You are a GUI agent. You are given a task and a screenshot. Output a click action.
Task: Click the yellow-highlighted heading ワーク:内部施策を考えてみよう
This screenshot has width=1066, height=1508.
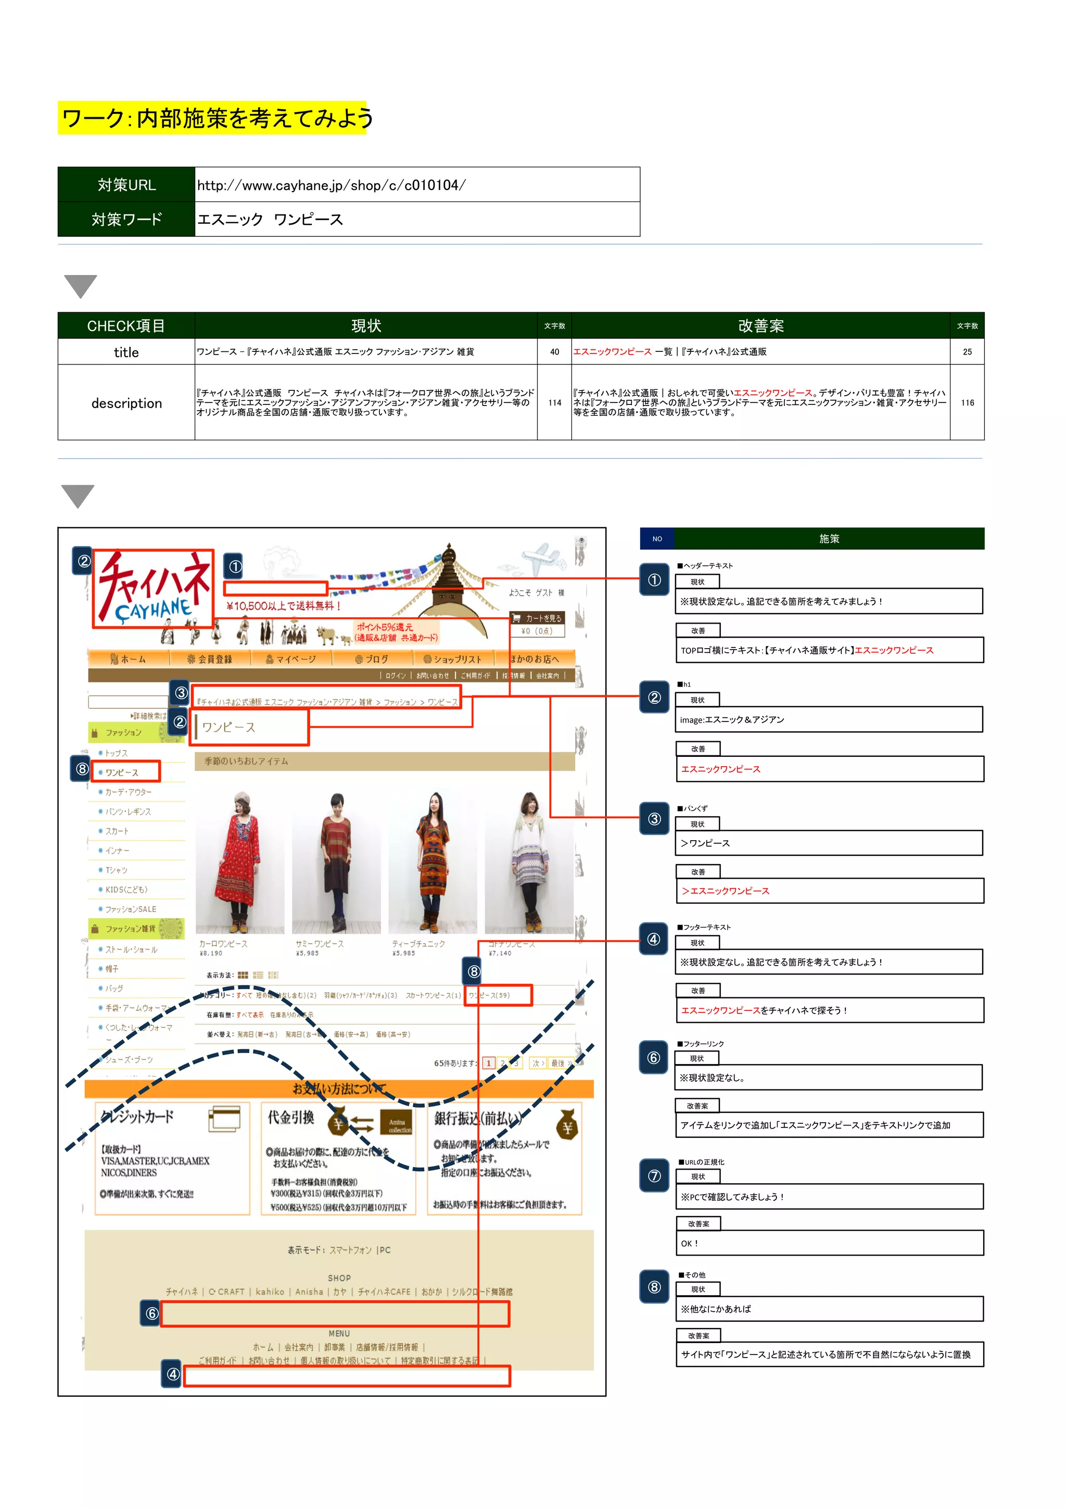216,118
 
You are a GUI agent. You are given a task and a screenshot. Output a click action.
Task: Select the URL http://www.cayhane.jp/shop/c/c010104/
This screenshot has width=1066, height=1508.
331,185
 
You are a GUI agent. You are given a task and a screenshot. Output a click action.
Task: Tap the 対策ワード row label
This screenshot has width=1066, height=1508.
127,219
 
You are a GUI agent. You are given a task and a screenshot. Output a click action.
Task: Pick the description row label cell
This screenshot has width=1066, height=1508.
127,402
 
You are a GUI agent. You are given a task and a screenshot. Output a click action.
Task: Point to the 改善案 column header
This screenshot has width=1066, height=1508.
760,326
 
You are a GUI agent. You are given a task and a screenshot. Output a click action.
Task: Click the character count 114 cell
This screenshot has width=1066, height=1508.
554,402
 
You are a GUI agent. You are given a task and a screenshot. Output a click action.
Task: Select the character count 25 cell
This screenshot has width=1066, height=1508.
967,352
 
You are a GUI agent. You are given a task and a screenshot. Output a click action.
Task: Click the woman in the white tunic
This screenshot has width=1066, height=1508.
529,860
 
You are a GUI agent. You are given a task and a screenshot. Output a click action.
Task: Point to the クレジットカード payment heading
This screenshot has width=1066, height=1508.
137,1117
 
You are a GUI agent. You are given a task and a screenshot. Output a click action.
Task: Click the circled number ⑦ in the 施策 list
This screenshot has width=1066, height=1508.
654,1176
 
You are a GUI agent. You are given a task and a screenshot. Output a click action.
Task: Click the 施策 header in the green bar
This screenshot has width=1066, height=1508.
829,539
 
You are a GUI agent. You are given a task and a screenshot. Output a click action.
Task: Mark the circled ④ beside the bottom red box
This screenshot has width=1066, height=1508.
172,1374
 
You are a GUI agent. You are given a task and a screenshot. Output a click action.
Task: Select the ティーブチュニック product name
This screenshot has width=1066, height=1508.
418,944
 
